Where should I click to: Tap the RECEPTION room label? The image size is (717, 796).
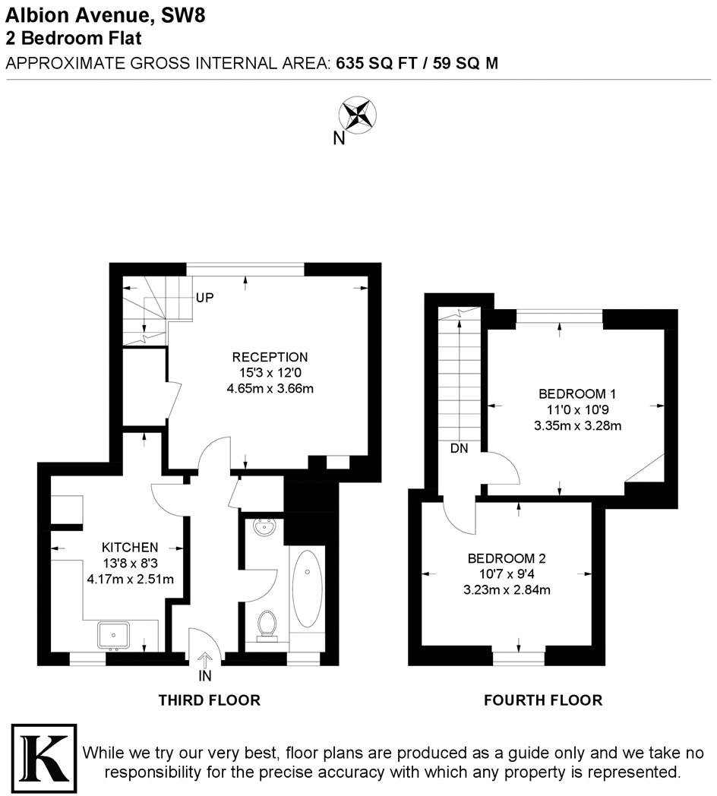270,357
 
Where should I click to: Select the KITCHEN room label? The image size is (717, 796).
130,547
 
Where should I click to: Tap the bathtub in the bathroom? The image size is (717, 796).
307,589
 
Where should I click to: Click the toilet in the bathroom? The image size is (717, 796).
267,625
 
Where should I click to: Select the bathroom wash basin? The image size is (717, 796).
264,527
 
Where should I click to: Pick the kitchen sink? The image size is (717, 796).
114,635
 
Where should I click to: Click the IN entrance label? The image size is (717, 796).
205,675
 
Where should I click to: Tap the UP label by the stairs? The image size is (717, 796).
204,298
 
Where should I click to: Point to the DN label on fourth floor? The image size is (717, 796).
459,448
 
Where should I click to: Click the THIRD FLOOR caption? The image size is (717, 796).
209,700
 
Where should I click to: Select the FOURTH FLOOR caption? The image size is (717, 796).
543,700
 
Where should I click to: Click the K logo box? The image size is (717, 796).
43,756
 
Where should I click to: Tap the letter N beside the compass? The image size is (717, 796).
339,138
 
